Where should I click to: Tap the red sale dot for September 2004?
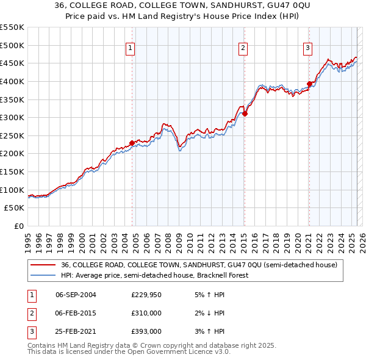[132, 143]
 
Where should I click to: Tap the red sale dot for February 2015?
[244, 113]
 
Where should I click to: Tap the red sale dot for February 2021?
[309, 84]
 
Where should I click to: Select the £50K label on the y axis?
[15, 208]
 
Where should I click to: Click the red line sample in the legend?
[43, 265]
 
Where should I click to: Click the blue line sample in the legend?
[43, 275]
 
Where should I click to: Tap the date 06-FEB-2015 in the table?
[76, 313]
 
